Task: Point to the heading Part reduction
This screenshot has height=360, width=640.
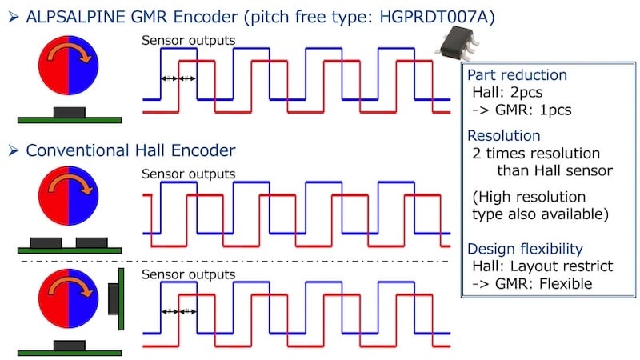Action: point(517,75)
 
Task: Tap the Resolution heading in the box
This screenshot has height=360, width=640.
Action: point(503,136)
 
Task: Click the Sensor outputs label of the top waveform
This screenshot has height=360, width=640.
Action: point(188,41)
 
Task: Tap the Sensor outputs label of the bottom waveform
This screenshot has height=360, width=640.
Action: point(188,274)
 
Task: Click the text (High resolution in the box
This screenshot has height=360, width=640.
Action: point(528,196)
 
